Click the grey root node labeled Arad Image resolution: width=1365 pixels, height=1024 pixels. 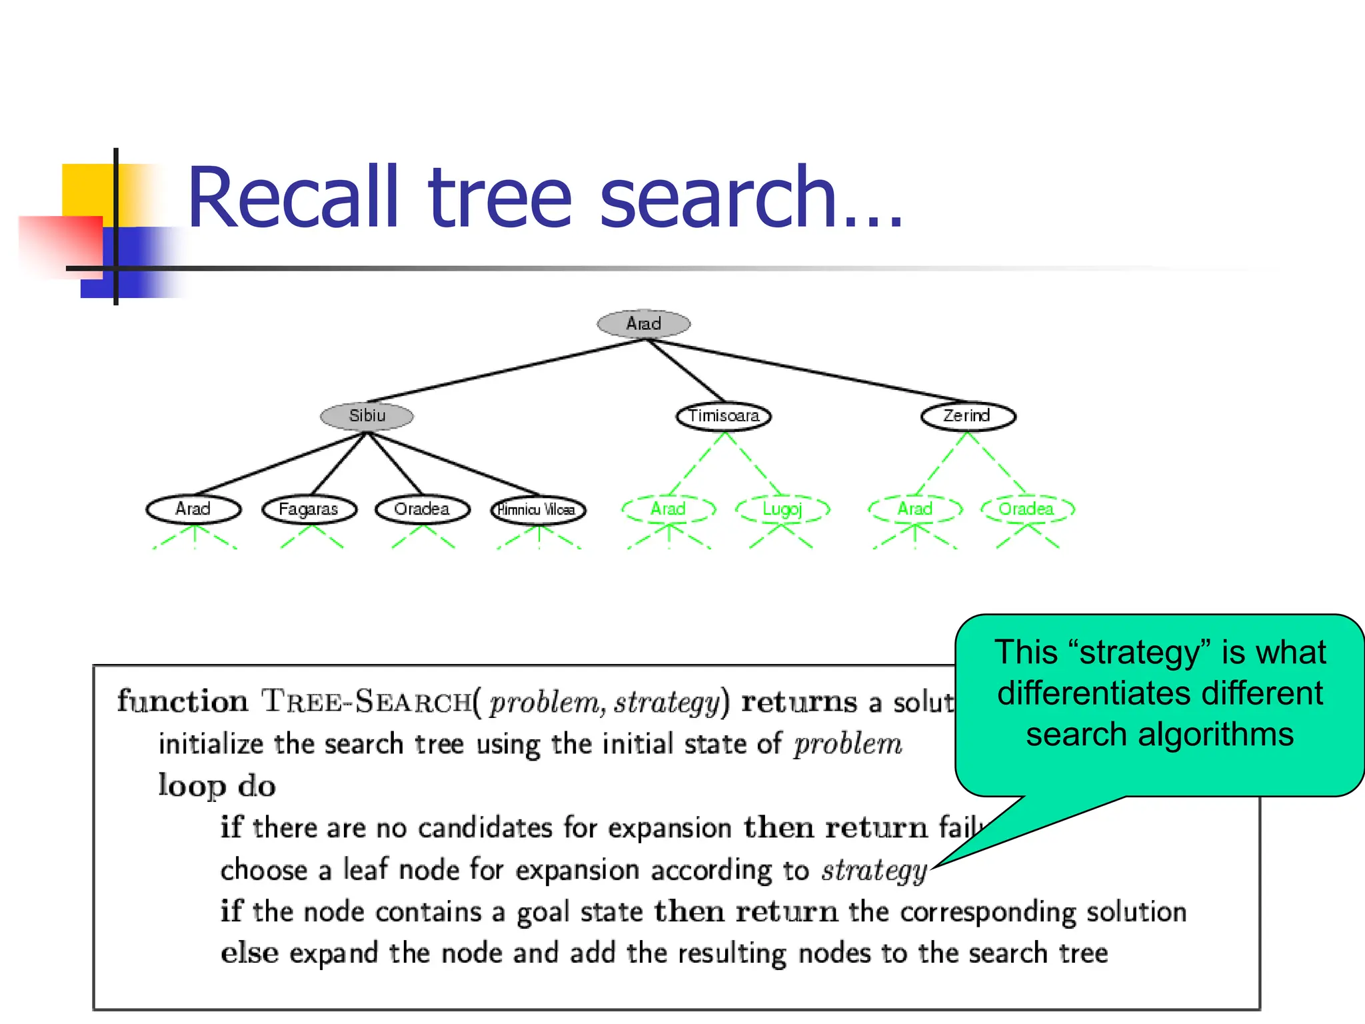pyautogui.click(x=643, y=323)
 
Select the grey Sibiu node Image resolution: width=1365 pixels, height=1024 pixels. pyautogui.click(x=367, y=416)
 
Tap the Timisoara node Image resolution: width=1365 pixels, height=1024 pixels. pyautogui.click(x=724, y=416)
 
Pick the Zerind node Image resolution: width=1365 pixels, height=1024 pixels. pyautogui.click(x=968, y=416)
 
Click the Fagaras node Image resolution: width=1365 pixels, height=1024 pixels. pyautogui.click(x=309, y=509)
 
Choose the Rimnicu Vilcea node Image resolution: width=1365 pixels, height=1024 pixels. pyautogui.click(x=538, y=510)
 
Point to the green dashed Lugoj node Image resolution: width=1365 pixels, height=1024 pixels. pyautogui.click(x=782, y=509)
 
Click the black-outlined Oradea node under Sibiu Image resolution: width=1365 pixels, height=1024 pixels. pyautogui.click(x=423, y=509)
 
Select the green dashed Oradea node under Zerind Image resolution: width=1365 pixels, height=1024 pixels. pyautogui.click(x=1027, y=509)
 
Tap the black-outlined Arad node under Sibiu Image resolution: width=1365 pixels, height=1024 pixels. pyautogui.click(x=193, y=509)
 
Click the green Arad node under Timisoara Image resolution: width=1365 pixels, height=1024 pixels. pyautogui.click(x=669, y=509)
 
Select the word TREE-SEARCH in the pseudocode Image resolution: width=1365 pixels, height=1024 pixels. pyautogui.click(x=366, y=702)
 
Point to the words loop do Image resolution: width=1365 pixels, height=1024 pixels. pyautogui.click(x=217, y=786)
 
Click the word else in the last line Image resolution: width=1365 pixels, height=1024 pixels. pyautogui.click(x=249, y=953)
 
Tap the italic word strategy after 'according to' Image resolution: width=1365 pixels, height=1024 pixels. pyautogui.click(x=874, y=871)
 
